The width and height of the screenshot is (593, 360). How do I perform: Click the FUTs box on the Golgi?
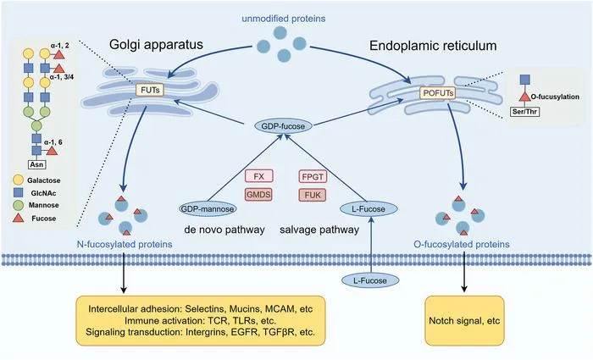[150, 90]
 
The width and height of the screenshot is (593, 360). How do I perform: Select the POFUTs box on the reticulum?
[438, 92]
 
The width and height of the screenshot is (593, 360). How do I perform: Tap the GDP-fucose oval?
[283, 126]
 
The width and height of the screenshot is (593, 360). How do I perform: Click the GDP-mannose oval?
[208, 208]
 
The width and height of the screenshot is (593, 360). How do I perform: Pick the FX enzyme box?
[258, 176]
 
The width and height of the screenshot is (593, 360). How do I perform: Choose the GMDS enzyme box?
[258, 195]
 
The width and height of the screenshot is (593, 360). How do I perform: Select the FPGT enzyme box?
[313, 176]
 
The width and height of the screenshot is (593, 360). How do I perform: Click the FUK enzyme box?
[313, 195]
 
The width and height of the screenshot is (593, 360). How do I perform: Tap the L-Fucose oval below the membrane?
[370, 280]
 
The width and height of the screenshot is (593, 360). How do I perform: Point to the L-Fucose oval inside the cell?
[369, 209]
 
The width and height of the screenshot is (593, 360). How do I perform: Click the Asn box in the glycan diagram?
[36, 164]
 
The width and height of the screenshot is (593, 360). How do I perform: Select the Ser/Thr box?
[525, 112]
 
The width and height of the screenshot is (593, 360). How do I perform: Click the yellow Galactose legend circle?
[18, 180]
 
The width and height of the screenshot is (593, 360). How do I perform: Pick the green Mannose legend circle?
[18, 205]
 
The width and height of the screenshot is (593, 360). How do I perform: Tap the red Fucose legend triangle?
[18, 218]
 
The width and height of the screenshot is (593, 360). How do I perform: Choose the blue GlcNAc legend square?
[18, 192]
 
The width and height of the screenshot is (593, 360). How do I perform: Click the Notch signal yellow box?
[464, 321]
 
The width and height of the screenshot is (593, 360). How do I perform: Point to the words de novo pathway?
[224, 230]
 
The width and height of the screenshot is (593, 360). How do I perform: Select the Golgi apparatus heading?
[156, 45]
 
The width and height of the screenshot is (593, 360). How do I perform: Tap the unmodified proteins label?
[284, 18]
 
